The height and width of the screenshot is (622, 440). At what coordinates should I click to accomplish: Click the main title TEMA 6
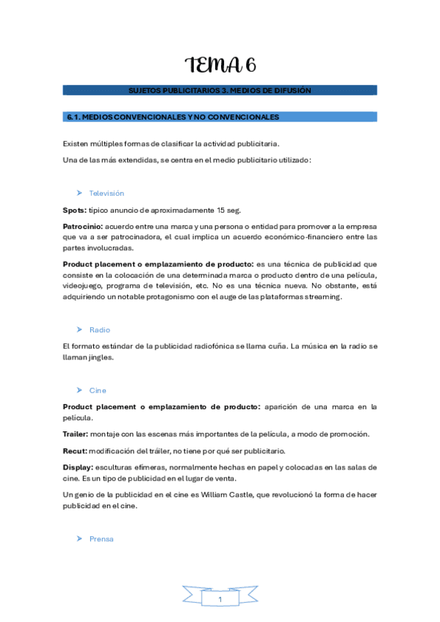(220, 65)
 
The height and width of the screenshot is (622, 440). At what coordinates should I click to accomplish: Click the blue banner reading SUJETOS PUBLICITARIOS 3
(220, 90)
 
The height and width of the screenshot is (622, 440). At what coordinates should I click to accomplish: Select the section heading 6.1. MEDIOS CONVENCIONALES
(173, 117)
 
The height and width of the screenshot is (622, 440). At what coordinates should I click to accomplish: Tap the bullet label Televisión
(107, 193)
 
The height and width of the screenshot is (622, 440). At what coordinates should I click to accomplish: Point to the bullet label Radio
(100, 330)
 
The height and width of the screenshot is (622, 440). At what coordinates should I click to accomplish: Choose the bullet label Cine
(98, 390)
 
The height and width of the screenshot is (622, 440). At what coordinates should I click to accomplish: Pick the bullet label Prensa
(101, 539)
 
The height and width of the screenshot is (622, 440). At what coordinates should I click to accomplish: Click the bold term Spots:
(75, 210)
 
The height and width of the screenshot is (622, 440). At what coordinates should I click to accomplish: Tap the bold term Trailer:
(76, 434)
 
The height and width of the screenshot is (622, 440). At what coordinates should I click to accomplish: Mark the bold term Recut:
(75, 450)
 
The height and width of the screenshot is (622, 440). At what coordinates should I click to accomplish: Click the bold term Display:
(78, 467)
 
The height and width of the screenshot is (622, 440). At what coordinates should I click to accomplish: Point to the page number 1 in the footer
(220, 600)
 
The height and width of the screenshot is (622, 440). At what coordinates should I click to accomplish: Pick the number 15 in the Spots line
(221, 210)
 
